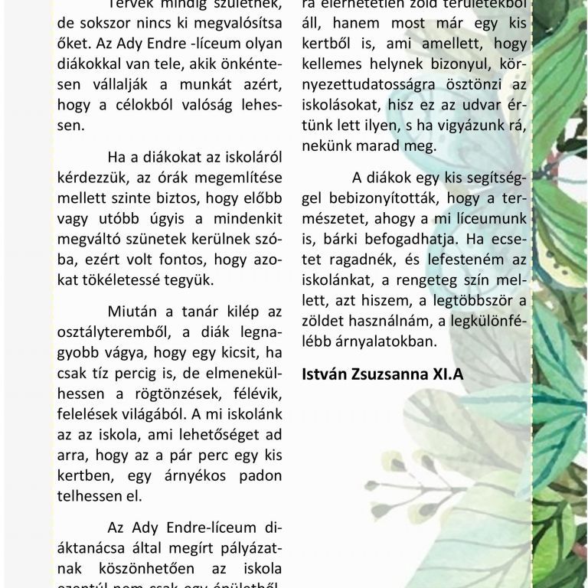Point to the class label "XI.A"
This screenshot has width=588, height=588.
[448, 374]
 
